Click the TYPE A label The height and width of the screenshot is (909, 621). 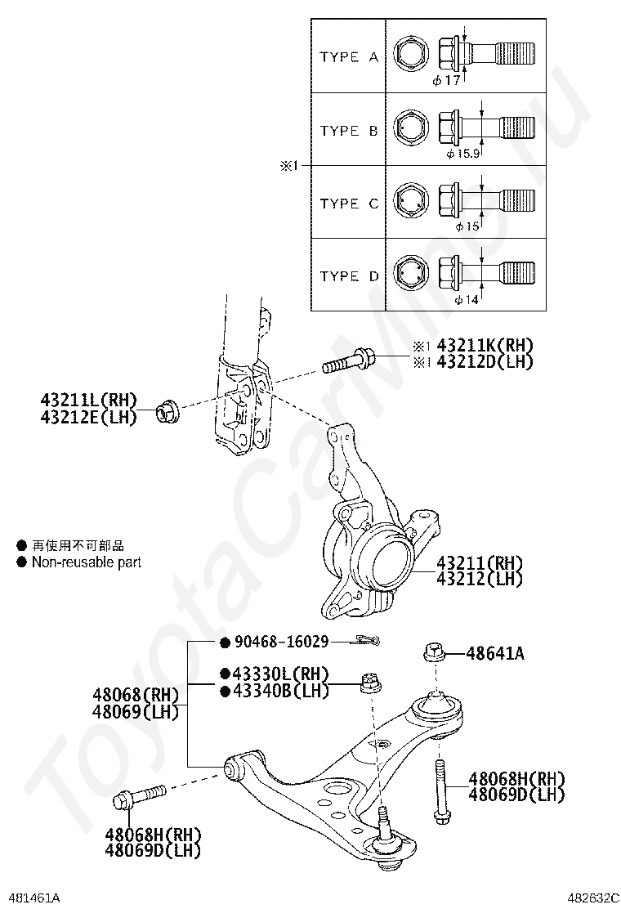click(349, 57)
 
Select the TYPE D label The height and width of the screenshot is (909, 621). click(349, 276)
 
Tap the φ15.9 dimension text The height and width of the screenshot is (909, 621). click(463, 153)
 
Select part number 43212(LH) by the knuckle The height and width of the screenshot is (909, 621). click(480, 579)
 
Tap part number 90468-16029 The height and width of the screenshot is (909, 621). click(281, 642)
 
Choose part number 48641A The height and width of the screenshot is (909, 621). click(495, 653)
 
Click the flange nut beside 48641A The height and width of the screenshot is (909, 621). click(434, 652)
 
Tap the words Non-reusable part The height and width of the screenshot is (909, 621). click(87, 562)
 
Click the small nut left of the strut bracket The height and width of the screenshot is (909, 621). click(168, 410)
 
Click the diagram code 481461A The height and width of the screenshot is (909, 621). click(32, 898)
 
